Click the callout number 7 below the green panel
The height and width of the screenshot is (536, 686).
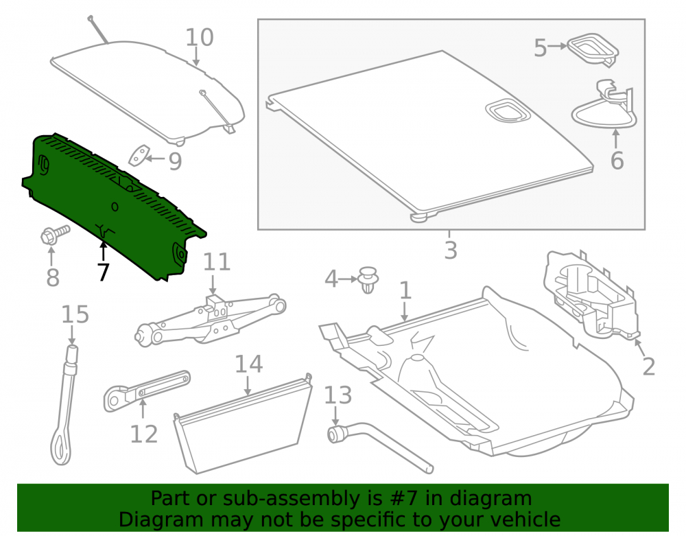[x=103, y=272]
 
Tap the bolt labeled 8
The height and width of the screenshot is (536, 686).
[x=55, y=235]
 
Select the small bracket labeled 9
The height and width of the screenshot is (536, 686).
[x=139, y=156]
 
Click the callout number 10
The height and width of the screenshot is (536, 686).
[x=200, y=37]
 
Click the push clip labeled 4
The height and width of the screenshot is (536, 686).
[x=368, y=280]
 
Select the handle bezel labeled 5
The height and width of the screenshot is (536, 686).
[x=593, y=49]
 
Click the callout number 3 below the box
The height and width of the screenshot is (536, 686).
[x=451, y=250]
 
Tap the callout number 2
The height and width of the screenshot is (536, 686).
[x=648, y=366]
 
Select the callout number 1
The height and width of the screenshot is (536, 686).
[x=405, y=290]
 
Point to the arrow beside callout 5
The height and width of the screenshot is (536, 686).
[x=558, y=46]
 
